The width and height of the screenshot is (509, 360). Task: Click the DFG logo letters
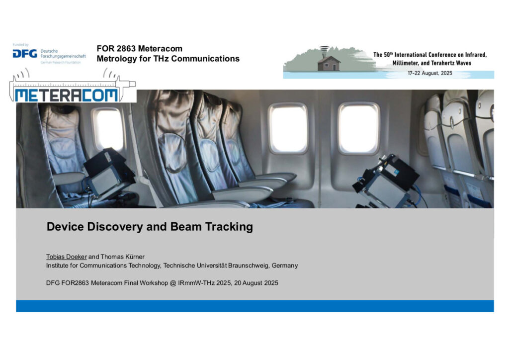click(25, 54)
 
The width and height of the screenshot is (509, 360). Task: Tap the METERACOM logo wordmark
click(66, 95)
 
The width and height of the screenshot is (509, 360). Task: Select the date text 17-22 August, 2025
click(430, 74)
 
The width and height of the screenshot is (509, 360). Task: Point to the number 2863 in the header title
click(126, 49)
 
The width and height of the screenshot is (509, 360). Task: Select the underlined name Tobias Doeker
click(67, 257)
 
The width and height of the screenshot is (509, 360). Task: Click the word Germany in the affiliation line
click(285, 266)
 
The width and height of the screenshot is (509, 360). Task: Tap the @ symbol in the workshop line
click(172, 283)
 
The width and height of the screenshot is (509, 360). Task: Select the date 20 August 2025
click(256, 283)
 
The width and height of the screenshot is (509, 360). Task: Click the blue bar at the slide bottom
click(255, 306)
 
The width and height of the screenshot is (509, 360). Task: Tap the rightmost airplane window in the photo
click(358, 129)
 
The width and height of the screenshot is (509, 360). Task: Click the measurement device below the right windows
click(386, 182)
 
